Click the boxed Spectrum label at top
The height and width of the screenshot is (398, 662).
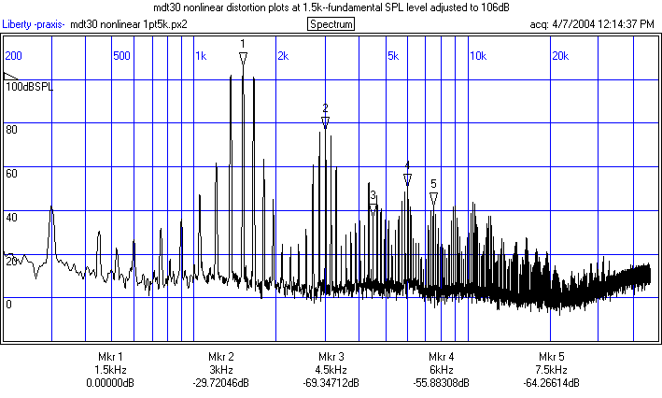pos(331,23)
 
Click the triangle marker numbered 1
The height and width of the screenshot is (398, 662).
pos(243,59)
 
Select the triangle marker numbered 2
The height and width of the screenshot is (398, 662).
pos(325,122)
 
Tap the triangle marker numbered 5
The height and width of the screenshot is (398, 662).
pos(433,198)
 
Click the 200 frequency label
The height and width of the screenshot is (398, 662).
pos(14,56)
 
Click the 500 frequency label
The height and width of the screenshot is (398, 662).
pos(120,56)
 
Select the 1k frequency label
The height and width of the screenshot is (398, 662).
pos(201,56)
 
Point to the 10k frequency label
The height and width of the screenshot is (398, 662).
pos(477,56)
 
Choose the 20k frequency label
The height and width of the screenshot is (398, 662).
pos(560,56)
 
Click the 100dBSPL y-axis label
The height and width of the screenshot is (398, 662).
pos(30,87)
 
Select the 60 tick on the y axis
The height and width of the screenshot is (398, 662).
pos(12,174)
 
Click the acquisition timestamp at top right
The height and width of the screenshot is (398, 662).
pos(591,23)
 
